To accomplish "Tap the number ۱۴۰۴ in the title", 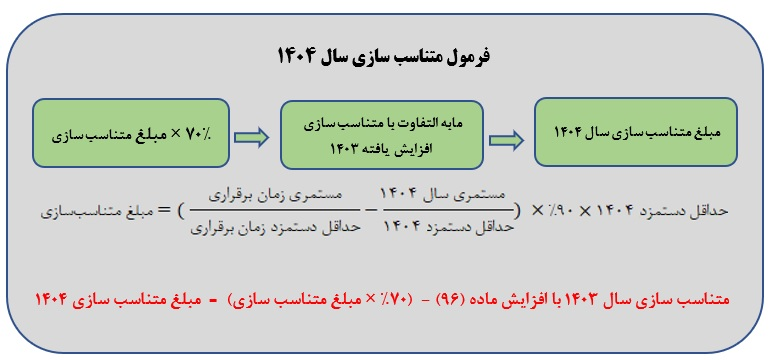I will [296, 57].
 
